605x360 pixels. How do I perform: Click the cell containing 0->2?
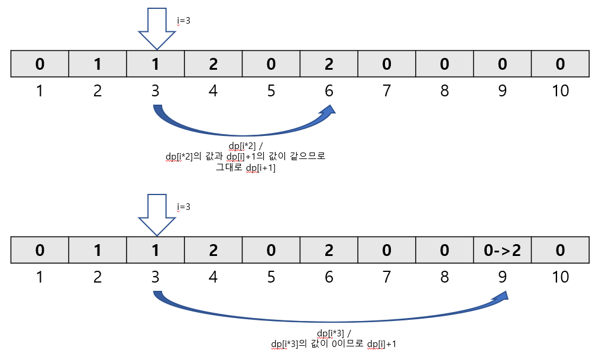click(502, 250)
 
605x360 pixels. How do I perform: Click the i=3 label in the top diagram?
click(183, 21)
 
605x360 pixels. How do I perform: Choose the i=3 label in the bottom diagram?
click(183, 207)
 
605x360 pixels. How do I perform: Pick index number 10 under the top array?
click(560, 90)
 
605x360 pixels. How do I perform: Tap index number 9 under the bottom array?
click(502, 276)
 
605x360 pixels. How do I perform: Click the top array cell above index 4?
click(213, 64)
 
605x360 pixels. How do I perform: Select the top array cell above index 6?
click(329, 64)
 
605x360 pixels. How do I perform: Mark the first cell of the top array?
click(40, 64)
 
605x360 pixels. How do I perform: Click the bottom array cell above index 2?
click(98, 250)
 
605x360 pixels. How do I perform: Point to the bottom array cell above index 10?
click(560, 250)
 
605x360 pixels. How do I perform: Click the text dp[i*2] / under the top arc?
click(245, 146)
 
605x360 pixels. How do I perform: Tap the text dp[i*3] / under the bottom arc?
click(338, 333)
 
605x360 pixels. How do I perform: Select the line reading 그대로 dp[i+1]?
click(246, 167)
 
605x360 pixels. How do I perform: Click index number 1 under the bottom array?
click(40, 276)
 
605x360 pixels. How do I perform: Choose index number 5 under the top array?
click(271, 90)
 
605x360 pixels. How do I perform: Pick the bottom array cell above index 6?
click(329, 250)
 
